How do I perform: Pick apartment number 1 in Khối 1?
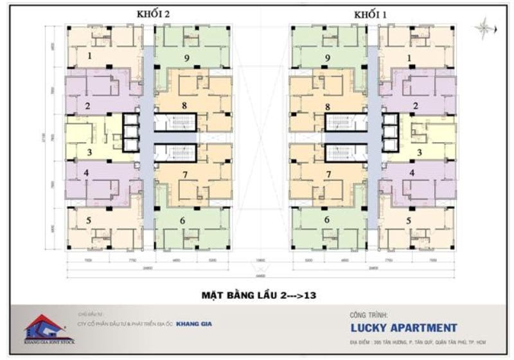point(409,58)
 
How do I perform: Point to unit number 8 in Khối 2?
point(184,105)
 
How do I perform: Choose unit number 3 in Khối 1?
point(419,153)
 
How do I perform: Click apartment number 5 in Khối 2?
point(88,221)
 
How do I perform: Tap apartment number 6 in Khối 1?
point(326,220)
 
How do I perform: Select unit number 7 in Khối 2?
point(184,174)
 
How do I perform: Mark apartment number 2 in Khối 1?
point(416,105)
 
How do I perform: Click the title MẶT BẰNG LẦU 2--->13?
point(257,296)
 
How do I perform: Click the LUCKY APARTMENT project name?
point(403,328)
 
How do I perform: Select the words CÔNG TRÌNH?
point(368,316)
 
